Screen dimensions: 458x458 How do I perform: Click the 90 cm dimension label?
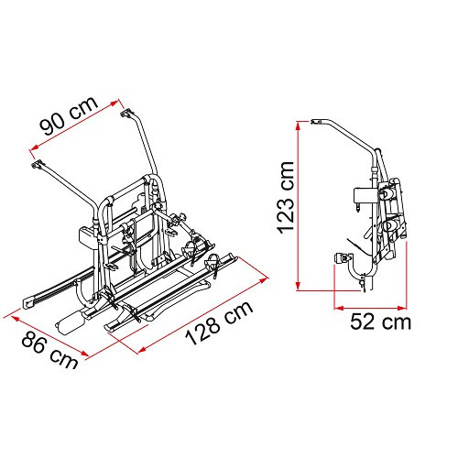(x=70, y=115)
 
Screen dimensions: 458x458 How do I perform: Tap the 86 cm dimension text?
(x=49, y=350)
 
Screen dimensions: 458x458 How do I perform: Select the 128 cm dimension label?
(x=220, y=322)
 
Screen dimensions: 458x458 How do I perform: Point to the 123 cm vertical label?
(x=286, y=198)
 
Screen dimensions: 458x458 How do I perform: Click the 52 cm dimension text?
(x=380, y=322)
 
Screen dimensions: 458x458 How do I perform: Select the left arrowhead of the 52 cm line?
(x=338, y=308)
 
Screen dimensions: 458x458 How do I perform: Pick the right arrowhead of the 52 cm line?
(x=403, y=308)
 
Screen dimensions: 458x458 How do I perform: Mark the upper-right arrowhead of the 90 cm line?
(x=114, y=104)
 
